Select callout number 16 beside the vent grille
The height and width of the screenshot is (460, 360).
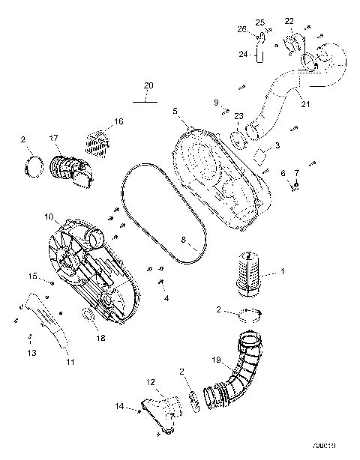click(118, 121)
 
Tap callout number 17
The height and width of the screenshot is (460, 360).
click(54, 138)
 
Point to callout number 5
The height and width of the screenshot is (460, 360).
click(175, 111)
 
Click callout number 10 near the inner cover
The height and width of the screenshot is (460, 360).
click(48, 217)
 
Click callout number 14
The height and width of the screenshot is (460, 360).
click(118, 407)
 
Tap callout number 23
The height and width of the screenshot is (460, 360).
click(238, 116)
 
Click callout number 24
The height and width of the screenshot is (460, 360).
click(243, 54)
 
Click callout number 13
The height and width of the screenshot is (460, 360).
click(31, 352)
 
